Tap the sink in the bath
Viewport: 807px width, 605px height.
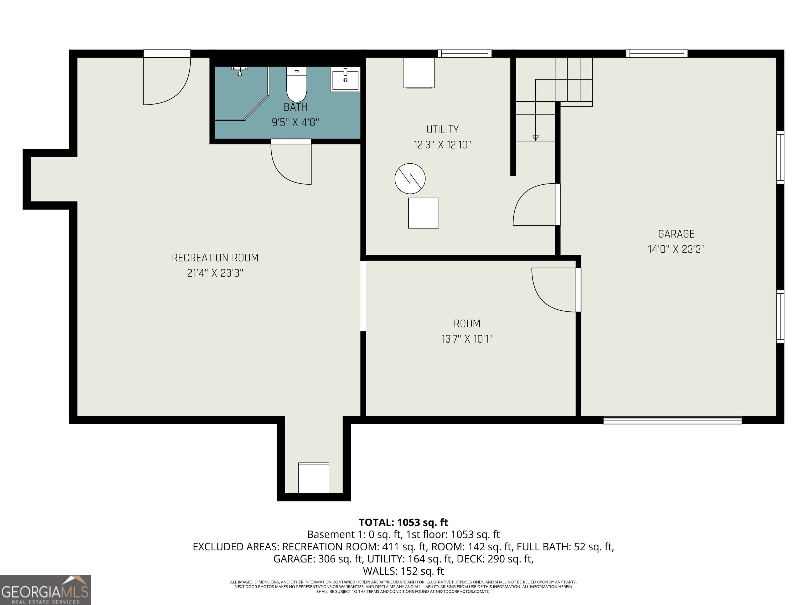345,79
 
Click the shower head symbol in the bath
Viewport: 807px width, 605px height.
240,71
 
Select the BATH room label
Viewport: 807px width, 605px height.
295,107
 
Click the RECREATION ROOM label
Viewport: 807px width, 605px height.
215,258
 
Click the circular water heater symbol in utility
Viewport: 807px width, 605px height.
410,178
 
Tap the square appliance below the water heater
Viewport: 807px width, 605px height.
423,213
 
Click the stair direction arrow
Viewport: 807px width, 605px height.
535,138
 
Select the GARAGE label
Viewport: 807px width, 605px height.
676,234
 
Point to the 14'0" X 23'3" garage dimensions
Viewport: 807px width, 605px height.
676,249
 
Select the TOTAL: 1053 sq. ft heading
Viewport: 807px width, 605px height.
403,522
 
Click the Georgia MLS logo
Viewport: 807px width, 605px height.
45,590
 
